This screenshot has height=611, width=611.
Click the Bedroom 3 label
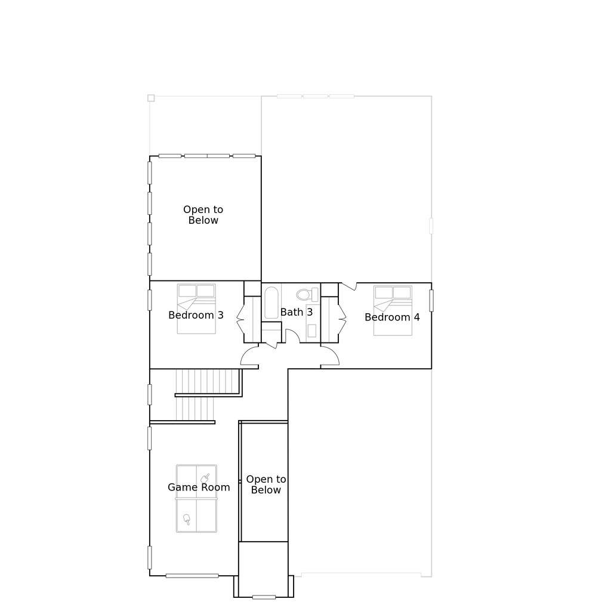pos(196,315)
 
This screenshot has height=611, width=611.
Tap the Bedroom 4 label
pos(392,317)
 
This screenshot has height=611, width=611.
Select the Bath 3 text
pos(297,312)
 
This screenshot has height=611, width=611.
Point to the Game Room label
pos(199,487)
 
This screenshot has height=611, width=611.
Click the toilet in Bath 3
pos(305,294)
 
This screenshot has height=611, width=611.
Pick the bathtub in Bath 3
pos(271,303)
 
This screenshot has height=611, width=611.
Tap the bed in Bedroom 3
pos(196,308)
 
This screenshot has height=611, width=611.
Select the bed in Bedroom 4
pos(393,310)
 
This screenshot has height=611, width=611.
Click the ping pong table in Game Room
pos(196,499)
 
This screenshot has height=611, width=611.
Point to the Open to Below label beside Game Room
pos(266,485)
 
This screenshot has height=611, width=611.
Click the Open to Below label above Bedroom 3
pos(203,215)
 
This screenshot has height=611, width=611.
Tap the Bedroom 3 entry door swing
pos(249,356)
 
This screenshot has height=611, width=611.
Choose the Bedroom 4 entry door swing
pos(330,356)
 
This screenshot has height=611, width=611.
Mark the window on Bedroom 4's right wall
pos(431,300)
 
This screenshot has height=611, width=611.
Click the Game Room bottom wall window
pos(192,576)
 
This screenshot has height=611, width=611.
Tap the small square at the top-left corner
pos(151,98)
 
